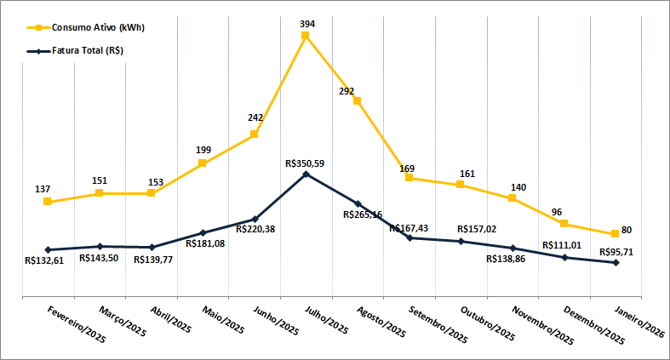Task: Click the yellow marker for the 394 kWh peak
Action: pyautogui.click(x=306, y=36)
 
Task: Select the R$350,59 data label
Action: pyautogui.click(x=307, y=162)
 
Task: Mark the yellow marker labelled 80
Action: pyautogui.click(x=615, y=234)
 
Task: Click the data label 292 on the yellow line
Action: pyautogui.click(x=346, y=90)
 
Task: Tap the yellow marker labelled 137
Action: pyautogui.click(x=48, y=202)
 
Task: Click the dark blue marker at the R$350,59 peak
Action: pyautogui.click(x=306, y=174)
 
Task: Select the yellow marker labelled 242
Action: pyautogui.click(x=254, y=134)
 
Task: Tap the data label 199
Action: pyautogui.click(x=203, y=150)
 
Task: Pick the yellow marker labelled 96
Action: pyautogui.click(x=564, y=223)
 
